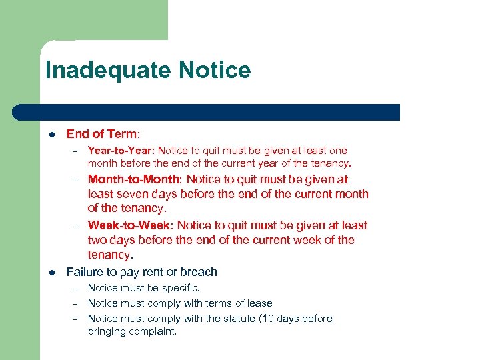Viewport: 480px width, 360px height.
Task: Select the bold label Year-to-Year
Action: click(116, 151)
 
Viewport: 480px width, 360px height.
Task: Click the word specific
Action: click(179, 288)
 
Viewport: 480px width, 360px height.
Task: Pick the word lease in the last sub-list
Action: click(259, 303)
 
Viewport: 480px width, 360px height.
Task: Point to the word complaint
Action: click(152, 331)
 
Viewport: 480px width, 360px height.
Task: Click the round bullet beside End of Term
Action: click(51, 135)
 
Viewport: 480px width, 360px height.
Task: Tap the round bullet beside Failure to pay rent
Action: click(51, 273)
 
